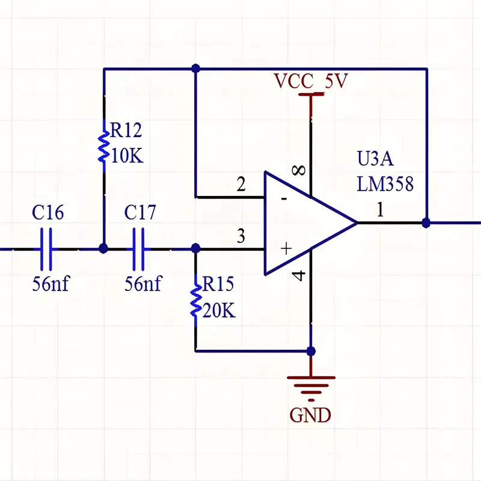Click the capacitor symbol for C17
[139, 248]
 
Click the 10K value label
[127, 156]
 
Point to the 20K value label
[219, 311]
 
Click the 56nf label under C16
[51, 283]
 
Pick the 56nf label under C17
[142, 283]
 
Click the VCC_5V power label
[310, 81]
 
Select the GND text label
[310, 414]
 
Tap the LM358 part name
[385, 184]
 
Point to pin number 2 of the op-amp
[241, 184]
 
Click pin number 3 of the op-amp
[241, 236]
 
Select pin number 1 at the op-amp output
[379, 210]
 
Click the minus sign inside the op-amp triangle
[284, 198]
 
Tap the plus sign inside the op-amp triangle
[286, 248]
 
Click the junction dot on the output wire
[426, 222]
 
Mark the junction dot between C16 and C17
[103, 248]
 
